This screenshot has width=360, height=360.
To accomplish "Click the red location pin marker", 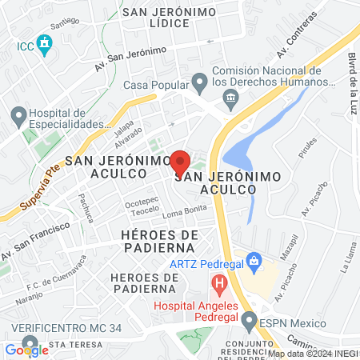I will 180,163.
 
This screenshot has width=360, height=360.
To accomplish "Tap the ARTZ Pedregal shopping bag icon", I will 254,261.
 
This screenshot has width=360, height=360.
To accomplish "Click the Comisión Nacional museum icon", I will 231,99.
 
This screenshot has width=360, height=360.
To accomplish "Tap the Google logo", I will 26,349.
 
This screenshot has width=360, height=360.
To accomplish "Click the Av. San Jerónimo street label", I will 130,58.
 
